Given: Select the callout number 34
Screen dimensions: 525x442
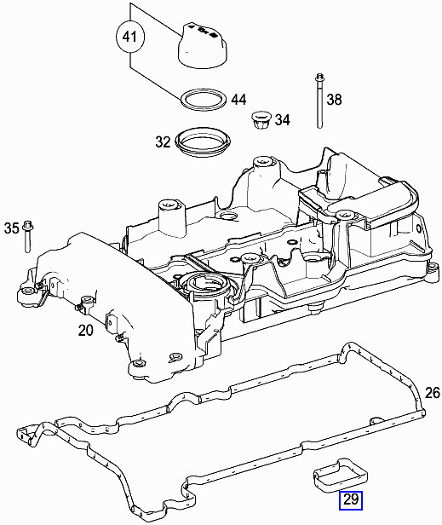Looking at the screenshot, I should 281,120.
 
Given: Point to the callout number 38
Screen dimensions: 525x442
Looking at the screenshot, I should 333,100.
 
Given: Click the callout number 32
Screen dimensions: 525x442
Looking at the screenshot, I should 163,141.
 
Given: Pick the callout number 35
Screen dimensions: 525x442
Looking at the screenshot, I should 11,228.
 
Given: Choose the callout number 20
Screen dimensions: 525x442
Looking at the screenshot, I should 86,330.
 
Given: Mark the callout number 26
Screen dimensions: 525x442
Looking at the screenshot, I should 432,392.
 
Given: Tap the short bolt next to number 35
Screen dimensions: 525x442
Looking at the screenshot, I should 27,235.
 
